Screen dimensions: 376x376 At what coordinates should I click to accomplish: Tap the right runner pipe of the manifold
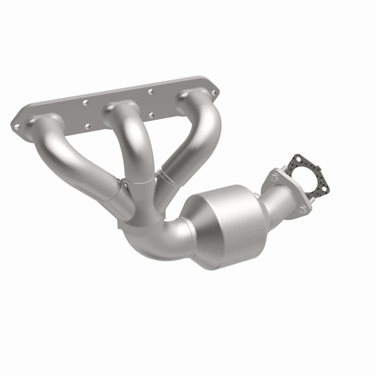[197, 136]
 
